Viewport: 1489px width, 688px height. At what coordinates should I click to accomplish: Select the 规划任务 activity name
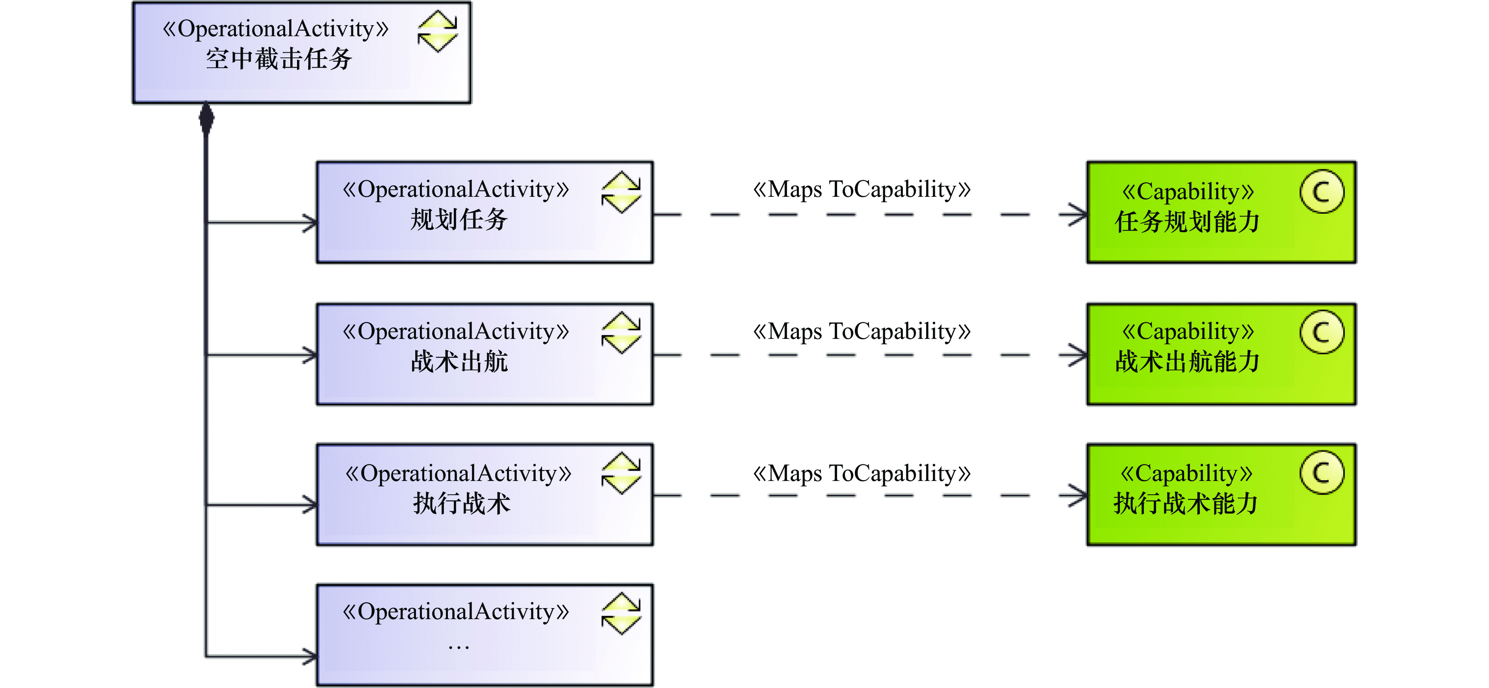point(459,220)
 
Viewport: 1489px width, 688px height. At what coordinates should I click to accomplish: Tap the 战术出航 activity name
point(459,362)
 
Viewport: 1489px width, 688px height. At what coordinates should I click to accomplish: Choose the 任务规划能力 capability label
point(1187,222)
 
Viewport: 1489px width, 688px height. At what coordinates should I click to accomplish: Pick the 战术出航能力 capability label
point(1187,362)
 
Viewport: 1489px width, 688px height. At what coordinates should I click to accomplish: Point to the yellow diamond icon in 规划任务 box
point(621,192)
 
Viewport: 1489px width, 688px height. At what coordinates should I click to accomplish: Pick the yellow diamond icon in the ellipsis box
point(621,614)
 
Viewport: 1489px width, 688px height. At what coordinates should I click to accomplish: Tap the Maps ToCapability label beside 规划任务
point(861,189)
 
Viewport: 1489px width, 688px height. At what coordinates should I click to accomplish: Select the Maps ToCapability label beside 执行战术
point(861,473)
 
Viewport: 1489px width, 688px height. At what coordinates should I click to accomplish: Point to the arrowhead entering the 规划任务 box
point(310,222)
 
